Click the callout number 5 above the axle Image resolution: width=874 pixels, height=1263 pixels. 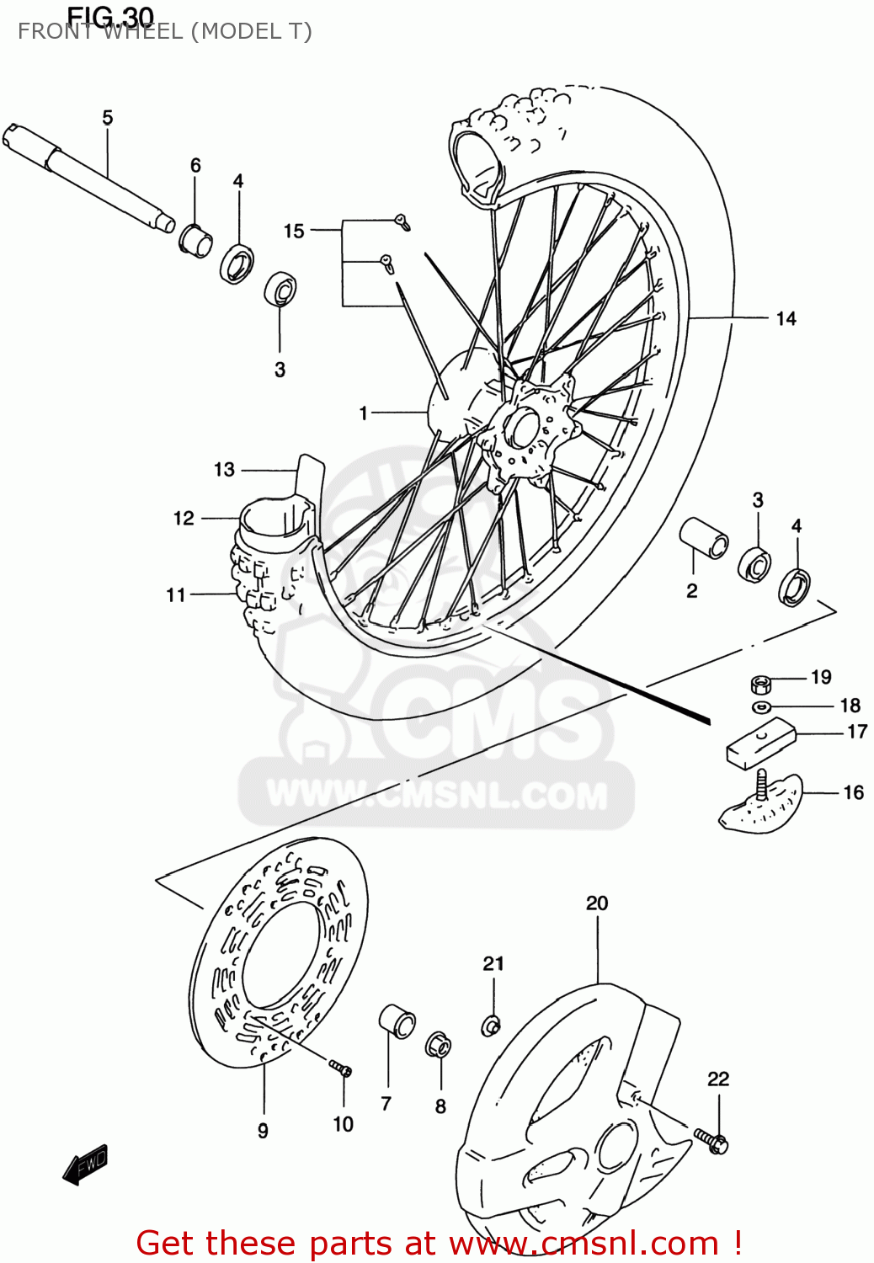click(x=107, y=118)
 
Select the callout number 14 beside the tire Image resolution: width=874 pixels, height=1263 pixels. click(x=785, y=318)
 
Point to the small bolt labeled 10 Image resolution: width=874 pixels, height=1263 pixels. click(x=341, y=1069)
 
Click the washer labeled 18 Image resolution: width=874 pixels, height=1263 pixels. click(x=761, y=706)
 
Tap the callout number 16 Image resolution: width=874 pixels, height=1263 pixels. click(x=853, y=792)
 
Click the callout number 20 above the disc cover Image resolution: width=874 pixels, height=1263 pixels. click(x=596, y=903)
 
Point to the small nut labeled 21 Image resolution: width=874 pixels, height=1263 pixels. click(x=491, y=1025)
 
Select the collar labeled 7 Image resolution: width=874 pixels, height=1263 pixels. click(x=397, y=1021)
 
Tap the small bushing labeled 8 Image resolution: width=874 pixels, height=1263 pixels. click(x=438, y=1045)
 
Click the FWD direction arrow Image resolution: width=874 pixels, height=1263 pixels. click(x=85, y=1165)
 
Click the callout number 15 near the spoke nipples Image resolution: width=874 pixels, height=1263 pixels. click(x=293, y=231)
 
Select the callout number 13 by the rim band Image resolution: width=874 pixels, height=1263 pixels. click(x=224, y=470)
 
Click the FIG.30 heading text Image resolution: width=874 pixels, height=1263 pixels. click(x=110, y=16)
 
